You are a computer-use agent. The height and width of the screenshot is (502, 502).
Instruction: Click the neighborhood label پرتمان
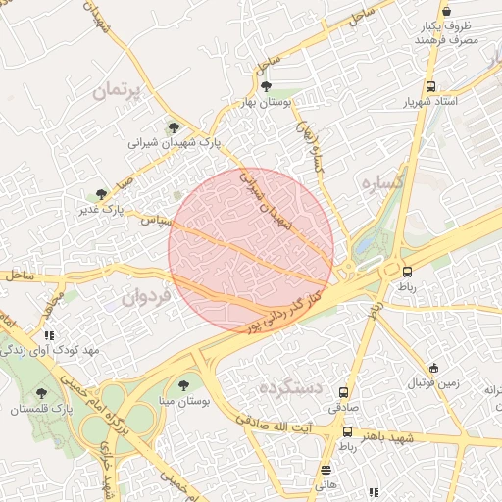(x=117, y=91)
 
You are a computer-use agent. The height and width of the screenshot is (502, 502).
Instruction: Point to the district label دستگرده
(x=291, y=388)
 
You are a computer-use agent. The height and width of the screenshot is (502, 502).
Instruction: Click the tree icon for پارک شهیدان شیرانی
(x=174, y=126)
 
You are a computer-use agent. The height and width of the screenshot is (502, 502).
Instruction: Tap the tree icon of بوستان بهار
(x=265, y=86)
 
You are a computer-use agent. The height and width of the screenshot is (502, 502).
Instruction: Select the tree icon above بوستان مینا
(x=183, y=384)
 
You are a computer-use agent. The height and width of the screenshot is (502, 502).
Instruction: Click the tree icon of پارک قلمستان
(x=40, y=392)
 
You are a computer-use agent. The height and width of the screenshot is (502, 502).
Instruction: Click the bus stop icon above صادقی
(x=343, y=389)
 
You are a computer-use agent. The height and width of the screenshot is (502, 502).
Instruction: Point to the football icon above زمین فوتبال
(x=432, y=365)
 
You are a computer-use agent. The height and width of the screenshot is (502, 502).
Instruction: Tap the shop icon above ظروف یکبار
(x=446, y=11)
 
